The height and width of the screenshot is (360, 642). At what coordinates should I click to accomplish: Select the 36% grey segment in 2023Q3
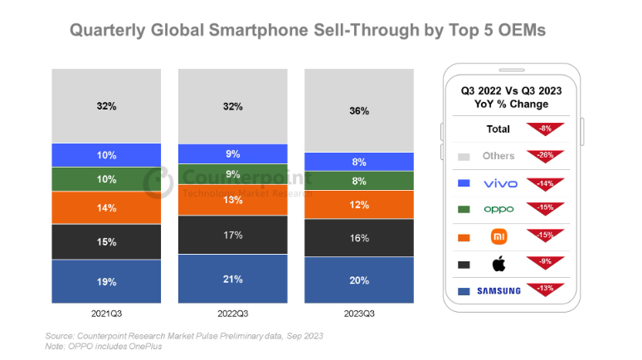[x=359, y=110]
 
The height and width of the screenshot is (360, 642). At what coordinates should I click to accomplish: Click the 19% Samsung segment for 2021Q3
[x=106, y=281]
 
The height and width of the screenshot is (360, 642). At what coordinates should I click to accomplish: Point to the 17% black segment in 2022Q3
[x=232, y=235]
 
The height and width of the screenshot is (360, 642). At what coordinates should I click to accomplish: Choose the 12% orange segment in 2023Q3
[x=359, y=204]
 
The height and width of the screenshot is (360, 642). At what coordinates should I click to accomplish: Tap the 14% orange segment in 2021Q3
[x=106, y=207]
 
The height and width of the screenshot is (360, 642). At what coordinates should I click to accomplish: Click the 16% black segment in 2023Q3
[x=359, y=237]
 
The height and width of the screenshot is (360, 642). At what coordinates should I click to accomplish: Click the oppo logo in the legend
[x=499, y=209]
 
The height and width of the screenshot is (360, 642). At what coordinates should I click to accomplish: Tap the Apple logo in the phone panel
[x=499, y=263]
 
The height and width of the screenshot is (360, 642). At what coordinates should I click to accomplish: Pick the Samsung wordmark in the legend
[x=499, y=290]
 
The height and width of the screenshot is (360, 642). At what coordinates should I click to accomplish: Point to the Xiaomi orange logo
[x=499, y=236]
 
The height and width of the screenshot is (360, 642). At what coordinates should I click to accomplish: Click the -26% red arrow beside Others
[x=545, y=154]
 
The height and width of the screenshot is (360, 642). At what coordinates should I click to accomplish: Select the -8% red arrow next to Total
[x=545, y=128]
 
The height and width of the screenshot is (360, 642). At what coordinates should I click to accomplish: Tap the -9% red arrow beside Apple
[x=545, y=263]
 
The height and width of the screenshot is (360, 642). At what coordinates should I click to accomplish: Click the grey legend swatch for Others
[x=464, y=156]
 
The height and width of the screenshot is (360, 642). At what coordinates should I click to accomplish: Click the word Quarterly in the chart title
[x=106, y=31]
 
